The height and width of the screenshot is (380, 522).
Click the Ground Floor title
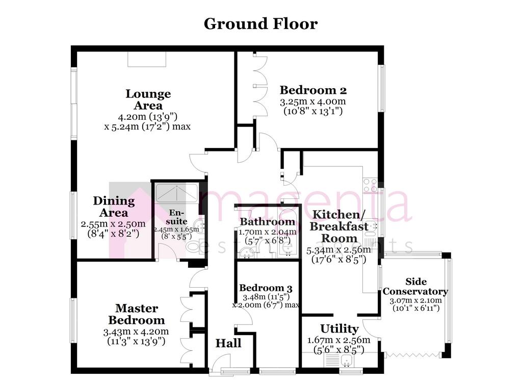[x=260, y=24]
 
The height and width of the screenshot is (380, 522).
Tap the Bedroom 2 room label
[x=313, y=90]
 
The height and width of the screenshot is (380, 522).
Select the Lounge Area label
[x=148, y=99]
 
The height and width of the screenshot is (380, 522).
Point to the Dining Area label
[x=114, y=207]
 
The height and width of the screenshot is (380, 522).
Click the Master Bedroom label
[x=137, y=314]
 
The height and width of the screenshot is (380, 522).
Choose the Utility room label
[x=339, y=328]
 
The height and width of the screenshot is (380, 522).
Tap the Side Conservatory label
[x=415, y=287]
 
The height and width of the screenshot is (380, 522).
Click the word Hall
[x=228, y=343]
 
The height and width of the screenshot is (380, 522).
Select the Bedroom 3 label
[x=266, y=288]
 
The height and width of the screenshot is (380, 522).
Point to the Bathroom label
[x=267, y=221]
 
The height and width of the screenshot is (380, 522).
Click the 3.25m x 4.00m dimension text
[x=313, y=101]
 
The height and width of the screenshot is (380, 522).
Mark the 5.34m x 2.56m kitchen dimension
[x=338, y=249]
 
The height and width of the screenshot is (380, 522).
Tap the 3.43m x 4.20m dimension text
[x=136, y=332]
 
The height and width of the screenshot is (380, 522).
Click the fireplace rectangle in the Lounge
[x=147, y=59]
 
